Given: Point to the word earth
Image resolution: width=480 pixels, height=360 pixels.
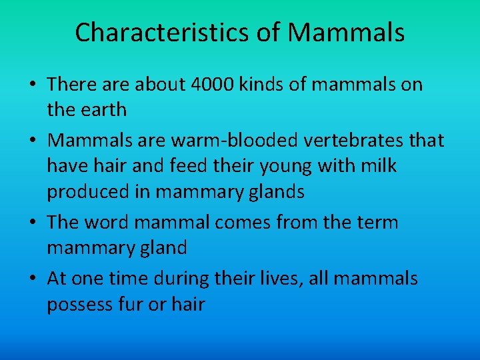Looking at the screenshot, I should click(104, 109).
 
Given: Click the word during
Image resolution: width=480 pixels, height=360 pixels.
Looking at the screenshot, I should click(177, 278).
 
